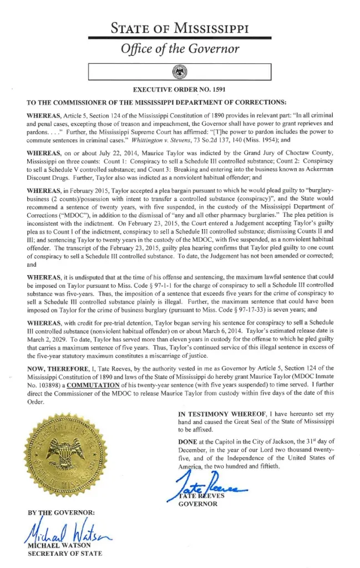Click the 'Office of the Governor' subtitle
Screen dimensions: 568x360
(x=180, y=49)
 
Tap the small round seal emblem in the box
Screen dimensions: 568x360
(x=180, y=72)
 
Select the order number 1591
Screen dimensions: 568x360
(x=217, y=89)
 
